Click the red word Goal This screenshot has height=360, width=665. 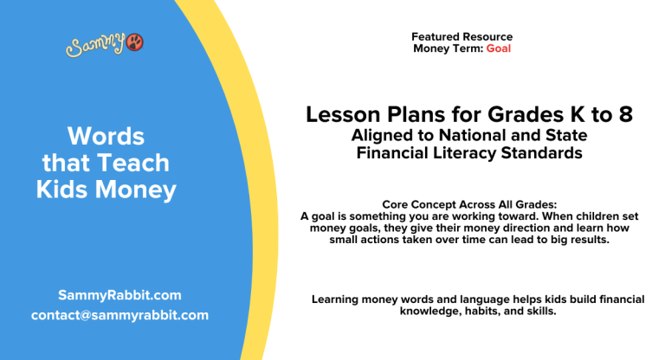pyautogui.click(x=499, y=49)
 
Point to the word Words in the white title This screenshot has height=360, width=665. pyautogui.click(x=106, y=136)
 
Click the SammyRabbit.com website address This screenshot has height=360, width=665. pyautogui.click(x=119, y=294)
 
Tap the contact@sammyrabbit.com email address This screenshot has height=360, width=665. pyautogui.click(x=119, y=315)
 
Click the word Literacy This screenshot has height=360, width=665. pyautogui.click(x=482, y=153)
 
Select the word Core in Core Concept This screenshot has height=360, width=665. pyautogui.click(x=395, y=204)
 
